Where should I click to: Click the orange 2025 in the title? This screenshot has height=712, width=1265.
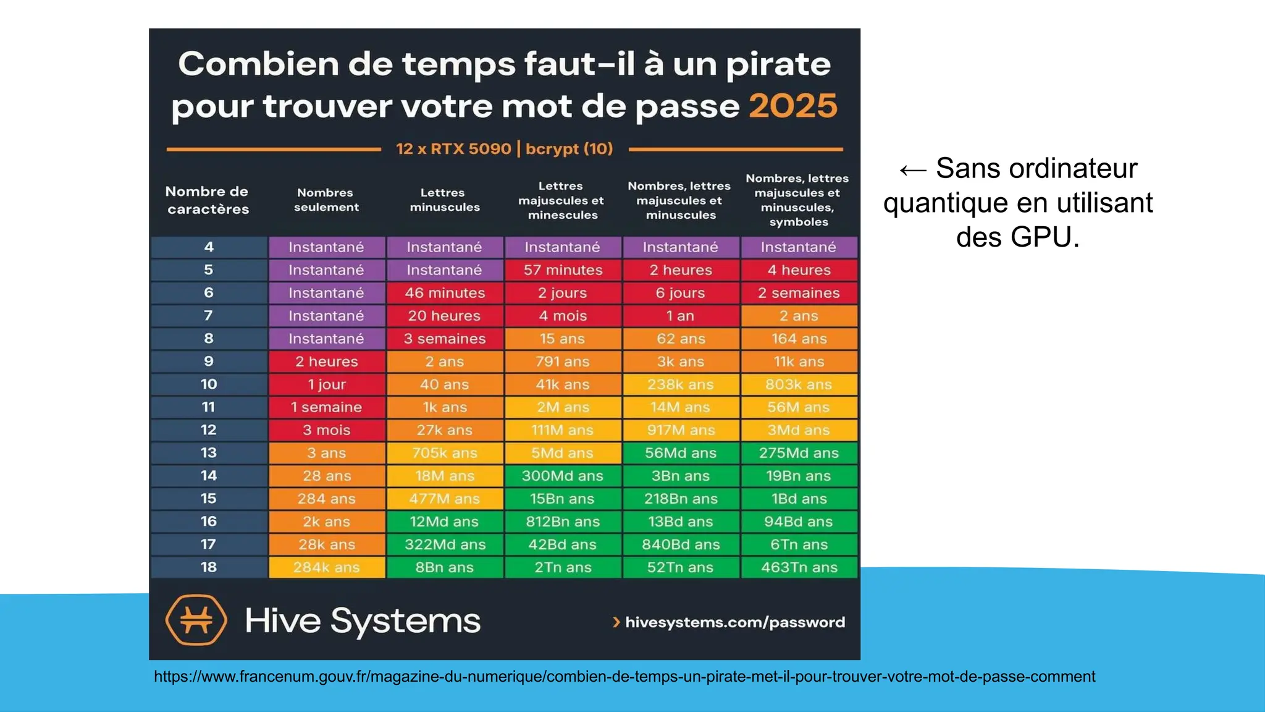[x=793, y=106]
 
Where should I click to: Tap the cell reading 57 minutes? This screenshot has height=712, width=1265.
[x=563, y=270]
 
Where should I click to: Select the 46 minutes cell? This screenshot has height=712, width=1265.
[x=445, y=293]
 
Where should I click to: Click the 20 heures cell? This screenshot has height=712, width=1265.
[x=444, y=316]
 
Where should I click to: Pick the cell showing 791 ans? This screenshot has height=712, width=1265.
[x=563, y=362]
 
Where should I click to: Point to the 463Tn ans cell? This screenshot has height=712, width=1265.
[x=799, y=567]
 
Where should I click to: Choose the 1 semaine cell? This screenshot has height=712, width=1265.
[x=326, y=407]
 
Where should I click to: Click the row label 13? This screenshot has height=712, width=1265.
[x=209, y=453]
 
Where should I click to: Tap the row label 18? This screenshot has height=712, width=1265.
[x=209, y=567]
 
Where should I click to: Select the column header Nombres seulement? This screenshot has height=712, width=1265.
[x=326, y=200]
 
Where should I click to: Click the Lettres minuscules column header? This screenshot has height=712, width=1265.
[x=444, y=200]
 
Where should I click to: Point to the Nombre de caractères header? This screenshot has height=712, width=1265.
[x=208, y=200]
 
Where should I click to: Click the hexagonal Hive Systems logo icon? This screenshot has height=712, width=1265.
[x=196, y=619]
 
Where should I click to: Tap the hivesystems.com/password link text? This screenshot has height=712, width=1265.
[x=734, y=622]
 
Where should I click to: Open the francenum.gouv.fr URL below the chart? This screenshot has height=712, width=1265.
[x=624, y=677]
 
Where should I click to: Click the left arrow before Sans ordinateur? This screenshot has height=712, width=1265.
[x=913, y=170]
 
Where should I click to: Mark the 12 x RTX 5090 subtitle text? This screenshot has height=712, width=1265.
[x=453, y=149]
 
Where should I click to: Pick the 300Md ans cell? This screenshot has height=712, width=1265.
[x=563, y=476]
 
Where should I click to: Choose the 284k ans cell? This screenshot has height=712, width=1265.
[x=326, y=567]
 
